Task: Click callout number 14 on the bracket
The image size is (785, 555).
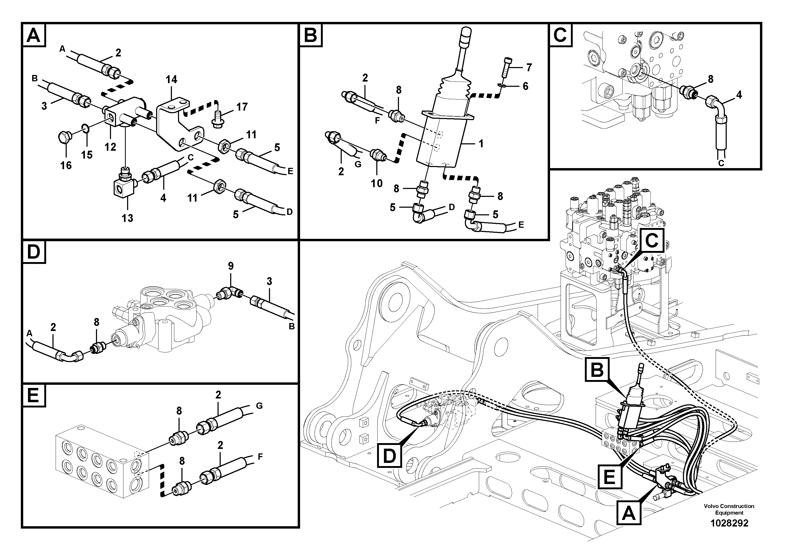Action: click(171, 79)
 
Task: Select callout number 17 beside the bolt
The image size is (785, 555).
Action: click(242, 107)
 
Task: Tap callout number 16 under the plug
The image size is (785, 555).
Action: click(66, 166)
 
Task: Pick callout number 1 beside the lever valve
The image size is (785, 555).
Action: click(481, 144)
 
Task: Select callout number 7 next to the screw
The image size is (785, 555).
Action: click(529, 68)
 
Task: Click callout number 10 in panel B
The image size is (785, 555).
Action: click(377, 183)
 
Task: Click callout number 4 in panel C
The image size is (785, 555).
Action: click(739, 95)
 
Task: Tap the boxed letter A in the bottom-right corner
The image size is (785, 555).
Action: click(628, 513)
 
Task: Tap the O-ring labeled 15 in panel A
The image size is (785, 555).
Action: click(86, 129)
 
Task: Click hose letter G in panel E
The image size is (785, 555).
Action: click(259, 406)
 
